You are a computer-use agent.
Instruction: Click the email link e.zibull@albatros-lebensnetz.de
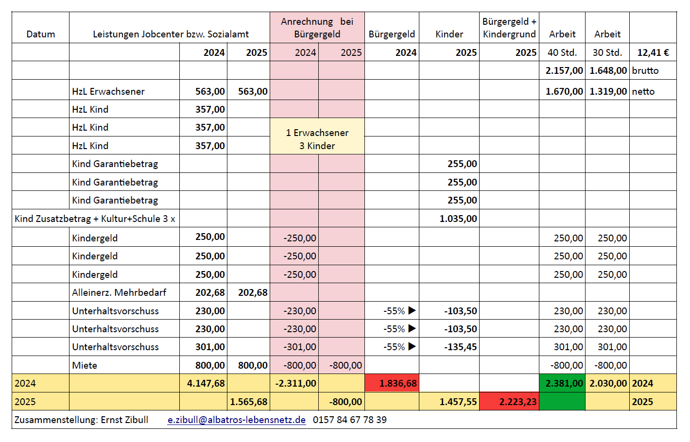coord(237,420)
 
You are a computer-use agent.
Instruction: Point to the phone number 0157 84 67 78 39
coord(350,420)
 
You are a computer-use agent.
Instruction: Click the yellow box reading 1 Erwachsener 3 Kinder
coord(317,139)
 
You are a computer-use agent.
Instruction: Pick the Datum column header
coord(41,34)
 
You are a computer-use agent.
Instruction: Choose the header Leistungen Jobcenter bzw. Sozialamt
coord(171,34)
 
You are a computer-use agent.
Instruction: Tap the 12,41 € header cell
coord(653,52)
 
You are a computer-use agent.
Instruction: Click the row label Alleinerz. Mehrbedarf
coord(119,292)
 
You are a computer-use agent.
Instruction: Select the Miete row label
coord(85,365)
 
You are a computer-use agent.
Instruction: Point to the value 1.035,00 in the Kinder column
coord(458,219)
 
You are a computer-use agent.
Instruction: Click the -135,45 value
coord(461,347)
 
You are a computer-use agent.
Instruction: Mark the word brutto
coord(645,70)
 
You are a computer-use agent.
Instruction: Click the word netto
coord(643,91)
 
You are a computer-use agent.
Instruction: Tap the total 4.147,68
coord(206,383)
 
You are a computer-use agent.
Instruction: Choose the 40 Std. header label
coord(562,52)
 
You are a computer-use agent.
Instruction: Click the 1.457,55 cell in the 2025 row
coord(458,402)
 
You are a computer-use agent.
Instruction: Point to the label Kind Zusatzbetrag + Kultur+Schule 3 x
coord(95,219)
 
